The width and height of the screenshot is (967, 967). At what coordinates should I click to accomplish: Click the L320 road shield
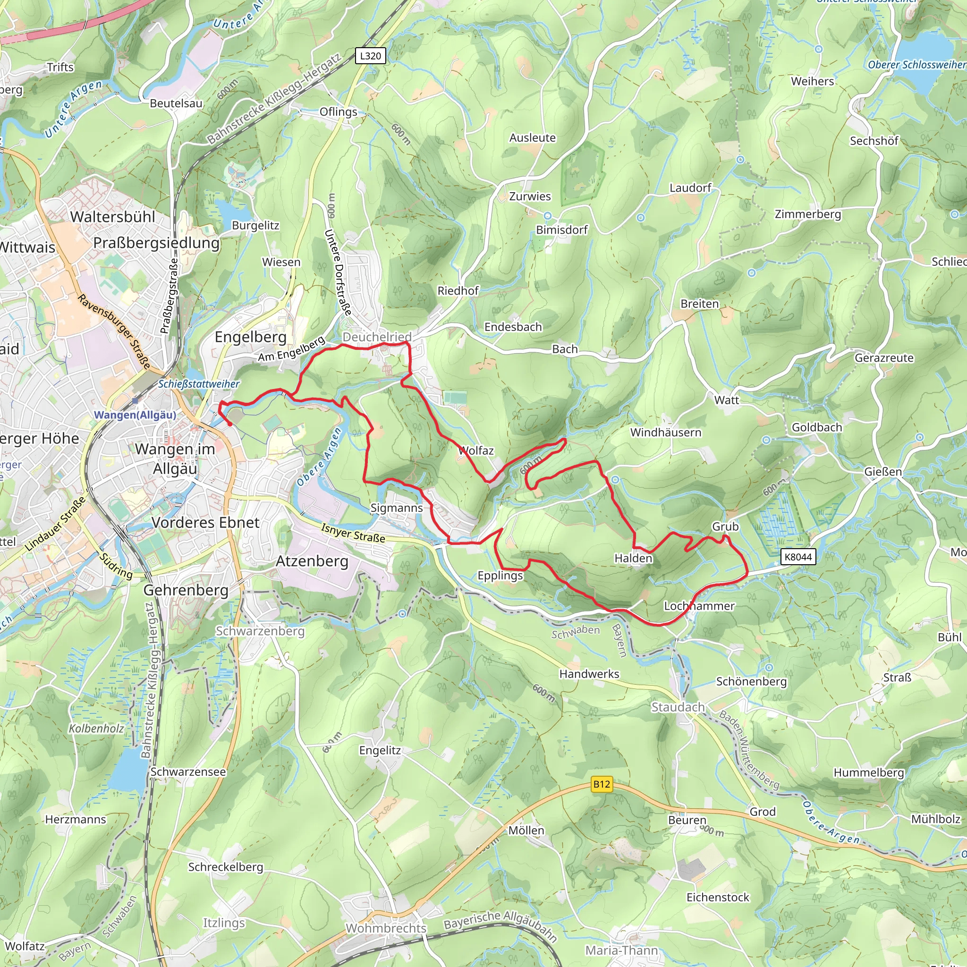tap(370, 56)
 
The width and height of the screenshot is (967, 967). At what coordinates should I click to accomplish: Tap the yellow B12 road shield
tap(602, 784)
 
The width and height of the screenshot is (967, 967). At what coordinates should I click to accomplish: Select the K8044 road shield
tap(798, 557)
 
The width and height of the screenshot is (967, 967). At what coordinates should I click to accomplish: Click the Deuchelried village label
tap(377, 337)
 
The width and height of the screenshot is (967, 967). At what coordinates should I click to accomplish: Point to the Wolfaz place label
tap(476, 450)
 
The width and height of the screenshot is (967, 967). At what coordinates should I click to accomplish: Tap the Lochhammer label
tap(699, 606)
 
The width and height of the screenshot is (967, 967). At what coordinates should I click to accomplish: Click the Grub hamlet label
tap(725, 526)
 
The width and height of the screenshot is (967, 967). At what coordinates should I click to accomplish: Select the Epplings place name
tap(500, 576)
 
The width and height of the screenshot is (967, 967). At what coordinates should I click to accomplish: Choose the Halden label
tap(633, 558)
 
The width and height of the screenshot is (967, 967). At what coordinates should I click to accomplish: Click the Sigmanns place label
tap(397, 508)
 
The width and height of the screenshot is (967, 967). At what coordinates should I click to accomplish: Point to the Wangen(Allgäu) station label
tap(135, 415)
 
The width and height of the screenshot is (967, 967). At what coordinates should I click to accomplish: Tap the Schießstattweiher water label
tap(199, 384)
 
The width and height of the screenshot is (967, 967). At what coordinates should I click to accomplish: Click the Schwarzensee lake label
tap(188, 772)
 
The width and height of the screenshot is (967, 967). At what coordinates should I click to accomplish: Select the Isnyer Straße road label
tap(353, 533)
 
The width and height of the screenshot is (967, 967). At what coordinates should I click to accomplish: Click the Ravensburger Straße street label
tap(114, 331)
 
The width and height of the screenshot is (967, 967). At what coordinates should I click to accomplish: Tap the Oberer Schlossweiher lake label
tap(917, 65)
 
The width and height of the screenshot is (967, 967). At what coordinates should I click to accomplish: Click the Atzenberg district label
tap(312, 561)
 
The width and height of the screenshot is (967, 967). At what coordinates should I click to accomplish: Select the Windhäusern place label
tap(666, 433)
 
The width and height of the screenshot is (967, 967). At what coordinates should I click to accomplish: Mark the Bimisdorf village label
tap(561, 230)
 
